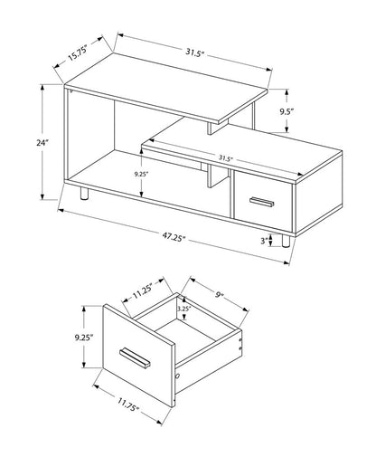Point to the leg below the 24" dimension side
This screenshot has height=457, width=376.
click(x=83, y=195)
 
